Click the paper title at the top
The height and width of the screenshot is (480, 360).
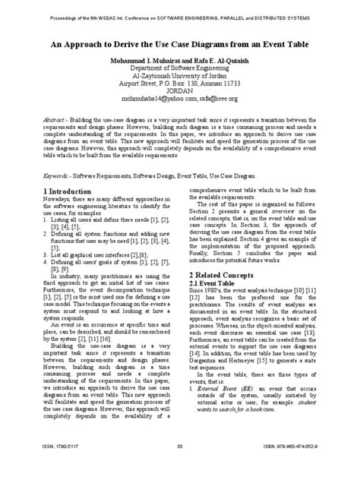(x=180, y=46)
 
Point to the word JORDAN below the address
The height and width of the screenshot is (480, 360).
(x=180, y=89)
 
